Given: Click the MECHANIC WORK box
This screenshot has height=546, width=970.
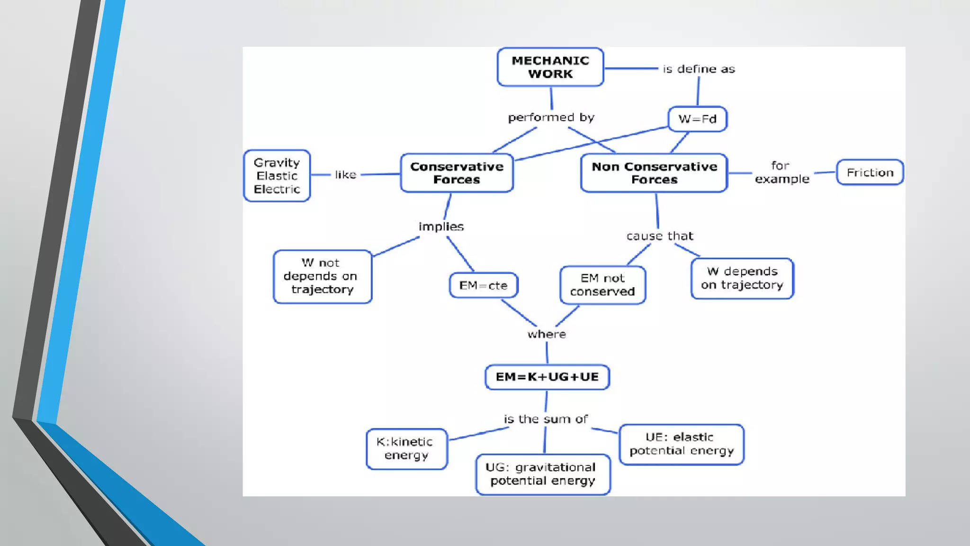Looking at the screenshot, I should coord(550,67).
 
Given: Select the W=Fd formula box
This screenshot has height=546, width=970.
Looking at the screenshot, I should coord(697,119).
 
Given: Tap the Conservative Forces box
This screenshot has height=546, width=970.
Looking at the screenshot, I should coord(457,173).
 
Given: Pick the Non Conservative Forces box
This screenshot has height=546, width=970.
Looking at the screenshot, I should coord(654,173).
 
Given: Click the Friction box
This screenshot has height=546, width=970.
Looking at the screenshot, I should coord(870,173).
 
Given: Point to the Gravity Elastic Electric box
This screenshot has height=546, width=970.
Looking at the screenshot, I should coord(277,176).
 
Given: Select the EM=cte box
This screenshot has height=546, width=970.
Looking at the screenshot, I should coord(483,285).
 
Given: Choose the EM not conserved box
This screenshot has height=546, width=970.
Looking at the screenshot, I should coord(602,285).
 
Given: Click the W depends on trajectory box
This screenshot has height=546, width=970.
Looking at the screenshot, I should coord(742,278).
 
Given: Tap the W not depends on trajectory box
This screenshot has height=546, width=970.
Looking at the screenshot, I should coord(322,276).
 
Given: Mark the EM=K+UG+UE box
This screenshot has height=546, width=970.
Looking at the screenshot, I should coord(547,377).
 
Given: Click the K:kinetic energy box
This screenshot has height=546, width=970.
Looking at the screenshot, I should coord(406,448).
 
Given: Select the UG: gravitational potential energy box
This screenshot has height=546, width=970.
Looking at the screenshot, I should coord(542,474).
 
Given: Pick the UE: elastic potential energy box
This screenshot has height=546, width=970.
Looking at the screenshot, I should coord(681,444).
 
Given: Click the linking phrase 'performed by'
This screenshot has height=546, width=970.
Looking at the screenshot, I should coord(551,118).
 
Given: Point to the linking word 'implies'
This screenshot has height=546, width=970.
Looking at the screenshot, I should coord(441,227).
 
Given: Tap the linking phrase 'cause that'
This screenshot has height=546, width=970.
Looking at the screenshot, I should coord(659,236).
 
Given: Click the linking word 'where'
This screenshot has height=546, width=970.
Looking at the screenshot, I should coord(547,334).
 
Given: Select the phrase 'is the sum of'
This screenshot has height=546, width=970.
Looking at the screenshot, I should coord(545,419).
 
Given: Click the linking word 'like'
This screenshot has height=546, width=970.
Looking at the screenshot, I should coord(345,175).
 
